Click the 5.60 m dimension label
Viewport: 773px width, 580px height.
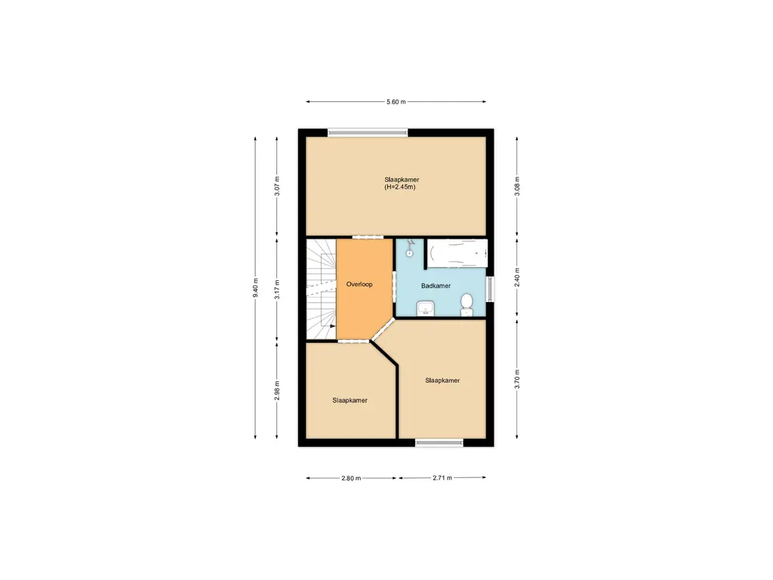point(396,102)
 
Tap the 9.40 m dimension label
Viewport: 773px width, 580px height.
point(255,287)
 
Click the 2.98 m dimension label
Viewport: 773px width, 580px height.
point(277,390)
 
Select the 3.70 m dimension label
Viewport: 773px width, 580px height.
point(516,378)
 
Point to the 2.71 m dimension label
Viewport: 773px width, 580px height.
point(442,478)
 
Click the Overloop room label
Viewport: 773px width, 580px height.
point(359,285)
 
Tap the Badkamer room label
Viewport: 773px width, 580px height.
point(436,286)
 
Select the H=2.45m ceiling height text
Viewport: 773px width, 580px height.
point(400,187)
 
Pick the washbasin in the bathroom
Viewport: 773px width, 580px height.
point(426,307)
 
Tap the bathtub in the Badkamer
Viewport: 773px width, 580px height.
point(457,252)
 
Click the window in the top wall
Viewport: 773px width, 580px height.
point(368,132)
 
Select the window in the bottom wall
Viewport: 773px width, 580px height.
point(439,443)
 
